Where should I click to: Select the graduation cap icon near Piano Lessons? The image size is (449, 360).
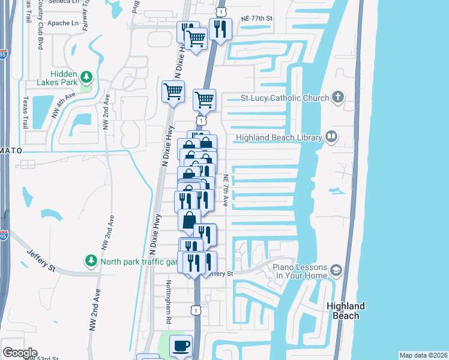pyautogui.click(x=336, y=271)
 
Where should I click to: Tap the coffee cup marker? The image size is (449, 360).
pyautogui.click(x=181, y=346)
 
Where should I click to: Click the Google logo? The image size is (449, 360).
pyautogui.click(x=20, y=353)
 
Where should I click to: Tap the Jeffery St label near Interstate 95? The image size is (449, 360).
pyautogui.click(x=40, y=260)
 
